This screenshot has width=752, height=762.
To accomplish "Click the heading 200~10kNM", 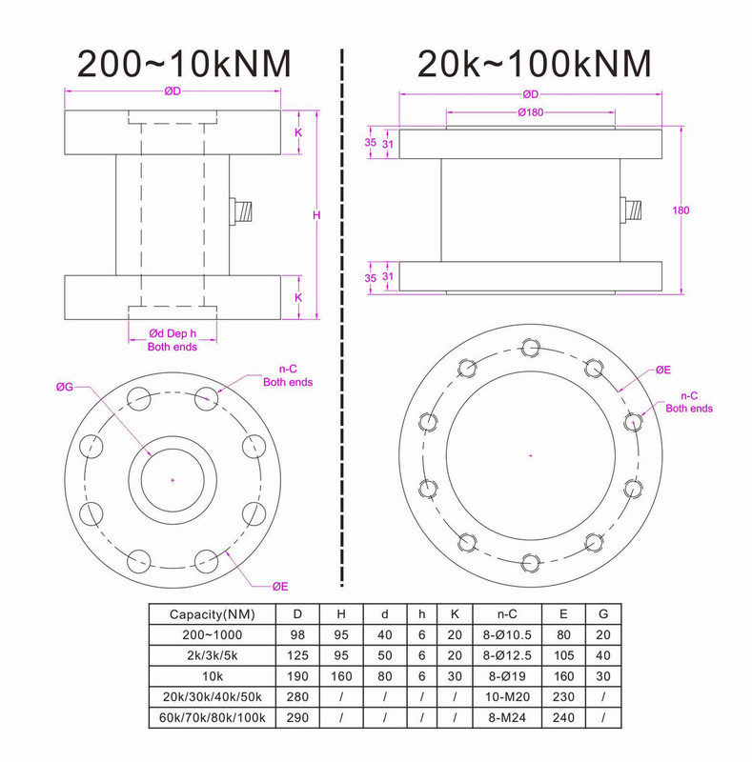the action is click(184, 64).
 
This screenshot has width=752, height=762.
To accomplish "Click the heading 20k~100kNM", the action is click(534, 64).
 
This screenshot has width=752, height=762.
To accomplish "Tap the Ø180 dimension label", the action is click(531, 112).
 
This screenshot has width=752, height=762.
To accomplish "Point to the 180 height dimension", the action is click(681, 211).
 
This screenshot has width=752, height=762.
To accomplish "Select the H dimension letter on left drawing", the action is click(316, 215).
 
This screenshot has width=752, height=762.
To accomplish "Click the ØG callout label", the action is click(64, 387).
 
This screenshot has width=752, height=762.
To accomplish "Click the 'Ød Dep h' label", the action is click(173, 333).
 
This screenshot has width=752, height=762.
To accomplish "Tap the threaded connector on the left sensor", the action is click(241, 211).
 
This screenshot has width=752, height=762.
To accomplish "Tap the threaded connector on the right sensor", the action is click(631, 210).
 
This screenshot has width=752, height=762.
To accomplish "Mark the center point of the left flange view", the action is click(173, 480).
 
